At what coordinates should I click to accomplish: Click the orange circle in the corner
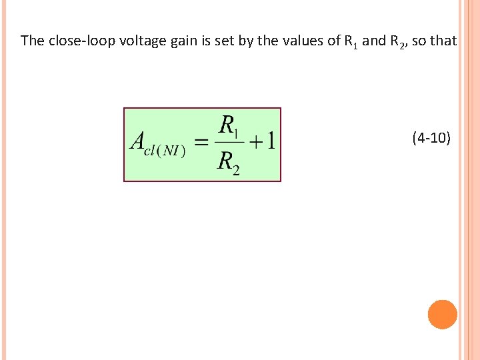[x=442, y=315]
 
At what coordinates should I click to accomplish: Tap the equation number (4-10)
[x=431, y=139]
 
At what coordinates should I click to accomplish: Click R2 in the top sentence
[x=396, y=41]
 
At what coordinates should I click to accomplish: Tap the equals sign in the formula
[x=202, y=143]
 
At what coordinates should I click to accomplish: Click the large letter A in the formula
[x=139, y=142]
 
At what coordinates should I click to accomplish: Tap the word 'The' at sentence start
[x=33, y=41]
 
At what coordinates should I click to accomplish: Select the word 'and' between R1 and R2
[x=374, y=41]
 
